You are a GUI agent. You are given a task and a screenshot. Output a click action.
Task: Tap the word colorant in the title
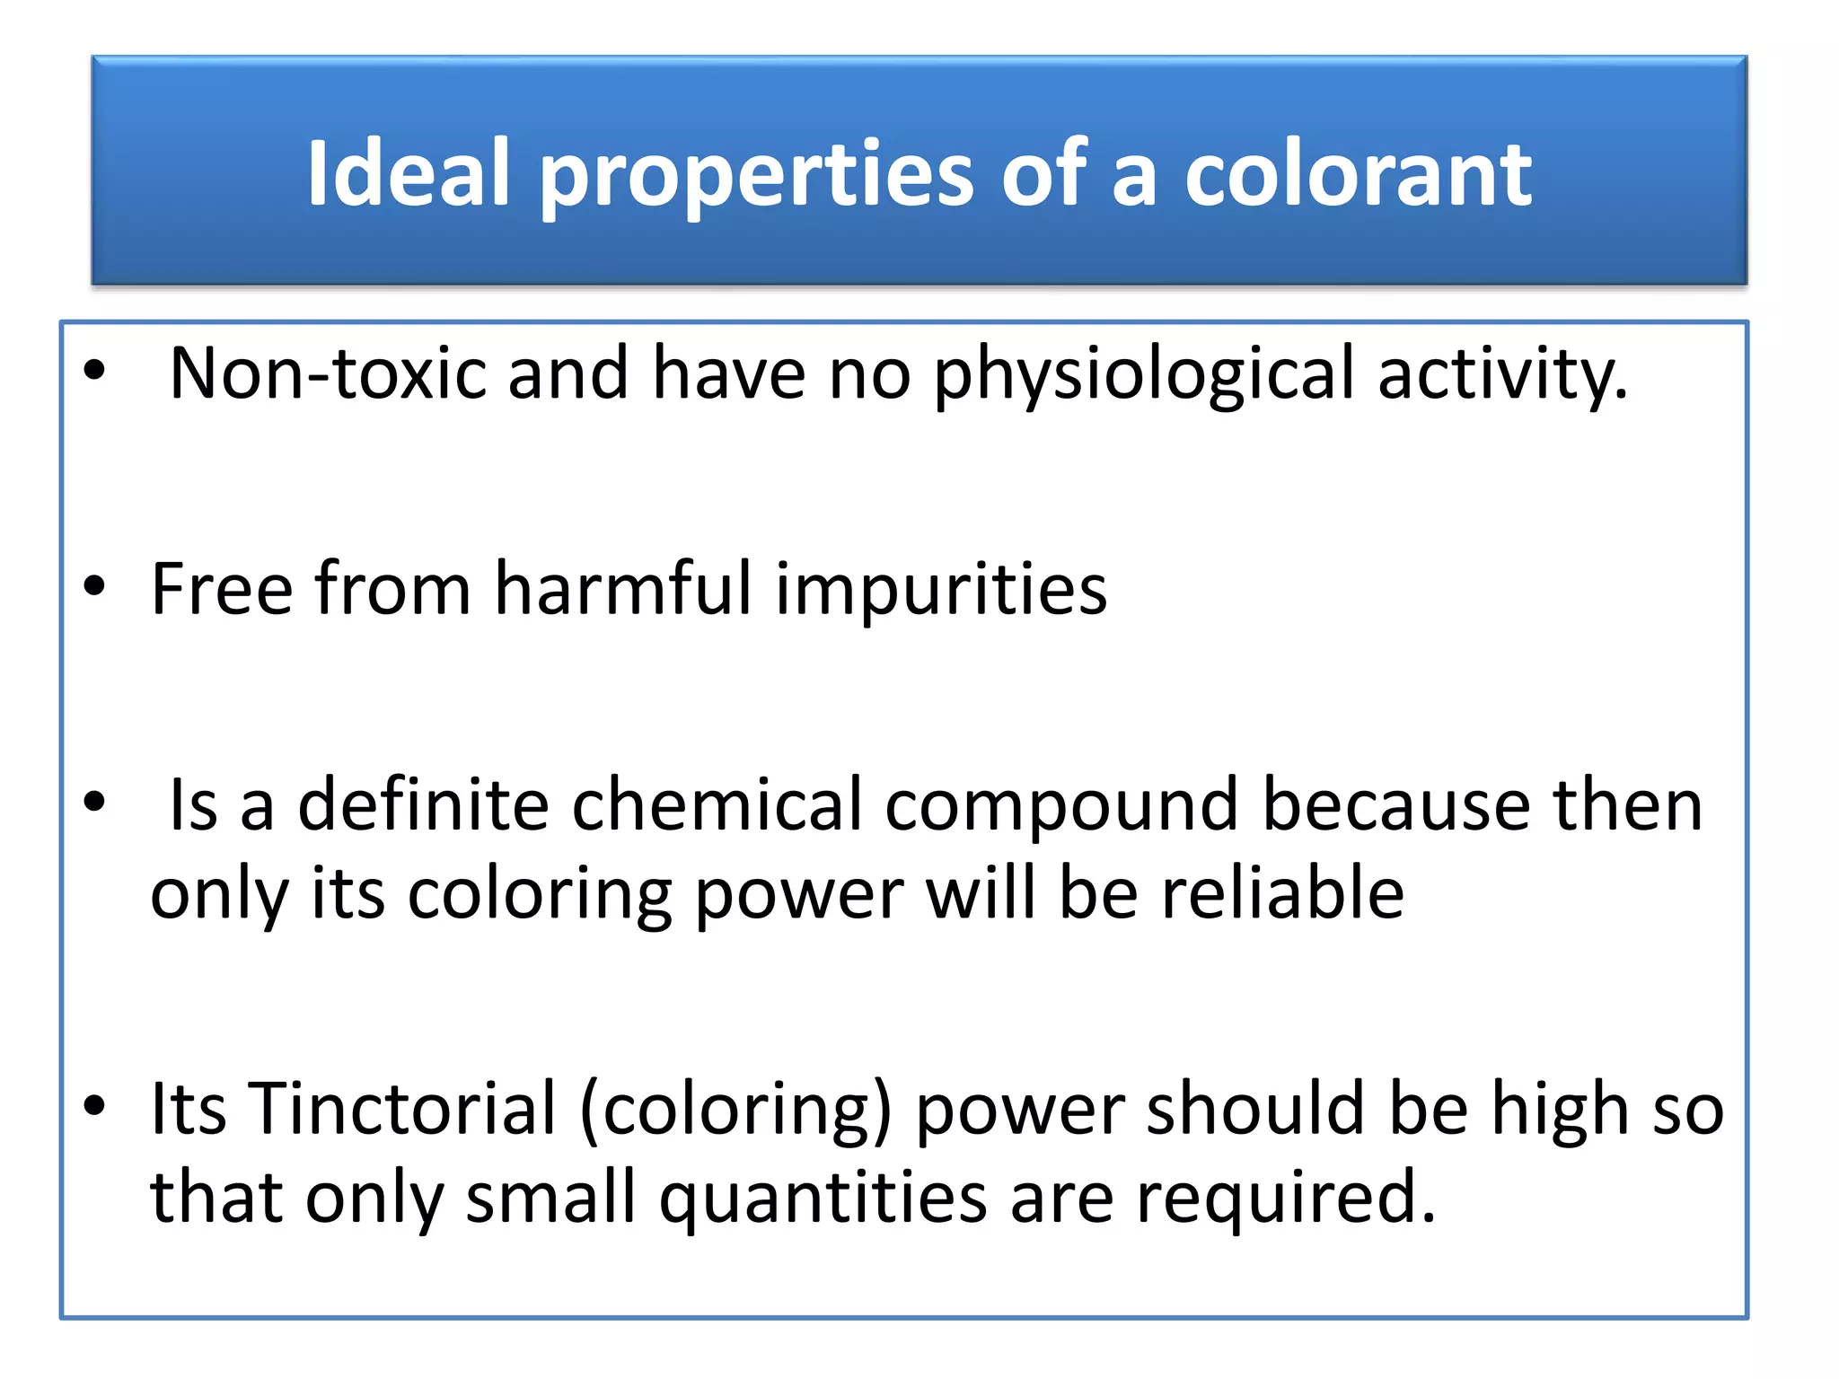[x=1358, y=174]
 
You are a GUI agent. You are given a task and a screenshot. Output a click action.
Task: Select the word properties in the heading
[x=756, y=176]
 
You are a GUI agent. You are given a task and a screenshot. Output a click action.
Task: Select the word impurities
[x=941, y=591]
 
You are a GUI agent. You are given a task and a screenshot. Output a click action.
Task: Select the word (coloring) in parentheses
[x=736, y=1111]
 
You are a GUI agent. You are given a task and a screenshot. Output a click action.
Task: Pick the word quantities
[x=823, y=1199]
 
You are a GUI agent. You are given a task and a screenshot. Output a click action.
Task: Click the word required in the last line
[x=1285, y=1199]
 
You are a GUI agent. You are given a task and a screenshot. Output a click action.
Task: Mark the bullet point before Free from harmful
[x=94, y=586]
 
